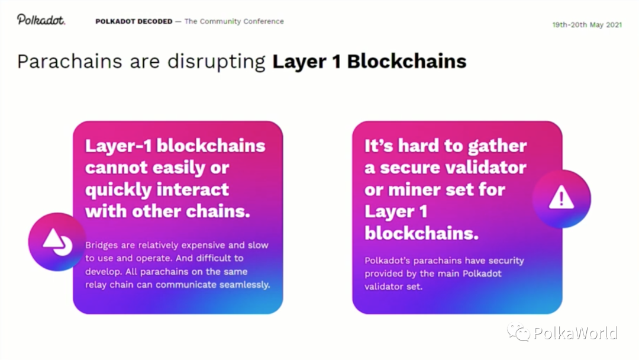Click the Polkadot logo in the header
[41, 20]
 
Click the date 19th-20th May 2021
[587, 25]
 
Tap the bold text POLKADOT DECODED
[134, 21]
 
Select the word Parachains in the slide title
[70, 62]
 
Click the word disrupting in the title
[217, 62]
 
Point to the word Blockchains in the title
[406, 62]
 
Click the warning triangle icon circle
[561, 198]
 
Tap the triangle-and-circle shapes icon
[57, 242]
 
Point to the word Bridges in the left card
[102, 246]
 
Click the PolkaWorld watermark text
[576, 333]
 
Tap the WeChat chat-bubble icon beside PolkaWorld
[518, 332]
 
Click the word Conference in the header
[263, 21]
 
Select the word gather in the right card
[497, 146]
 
